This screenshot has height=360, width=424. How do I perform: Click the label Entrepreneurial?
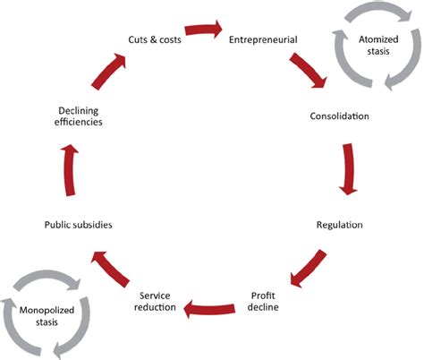tap(262, 39)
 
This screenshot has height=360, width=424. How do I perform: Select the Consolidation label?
tap(339, 116)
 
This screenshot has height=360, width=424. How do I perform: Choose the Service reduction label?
tap(161, 301)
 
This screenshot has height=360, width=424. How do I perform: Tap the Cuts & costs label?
tap(154, 39)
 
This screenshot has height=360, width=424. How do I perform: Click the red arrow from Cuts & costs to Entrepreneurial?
tap(205, 30)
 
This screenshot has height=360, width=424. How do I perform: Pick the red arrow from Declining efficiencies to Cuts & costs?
tap(110, 73)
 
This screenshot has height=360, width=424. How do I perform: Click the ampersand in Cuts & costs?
tap(154, 39)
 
